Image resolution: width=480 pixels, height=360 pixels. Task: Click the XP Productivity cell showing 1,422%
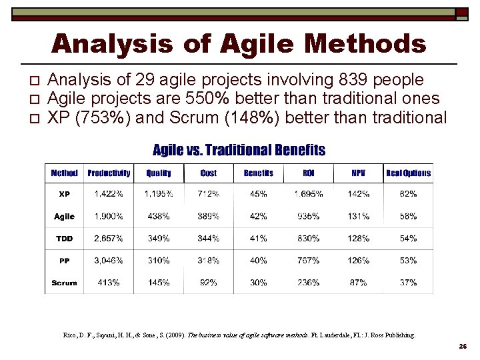(109, 194)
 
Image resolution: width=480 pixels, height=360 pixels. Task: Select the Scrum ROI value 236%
(309, 283)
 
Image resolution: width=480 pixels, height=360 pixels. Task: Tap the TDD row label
(64, 239)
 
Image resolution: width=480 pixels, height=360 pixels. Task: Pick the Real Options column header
(409, 173)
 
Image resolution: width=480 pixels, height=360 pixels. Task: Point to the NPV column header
(359, 173)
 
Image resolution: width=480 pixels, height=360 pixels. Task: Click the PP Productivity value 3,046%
(109, 261)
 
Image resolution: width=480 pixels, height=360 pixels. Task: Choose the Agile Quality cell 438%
(158, 217)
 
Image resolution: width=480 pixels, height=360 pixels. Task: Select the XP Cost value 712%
(209, 194)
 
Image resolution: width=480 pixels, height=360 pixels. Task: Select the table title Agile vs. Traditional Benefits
(239, 150)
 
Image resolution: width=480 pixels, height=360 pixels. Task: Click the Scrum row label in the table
(64, 283)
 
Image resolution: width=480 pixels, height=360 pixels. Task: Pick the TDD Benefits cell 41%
(259, 239)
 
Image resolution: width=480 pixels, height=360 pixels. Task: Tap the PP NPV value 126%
(359, 261)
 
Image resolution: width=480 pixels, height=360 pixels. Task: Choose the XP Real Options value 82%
(409, 194)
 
